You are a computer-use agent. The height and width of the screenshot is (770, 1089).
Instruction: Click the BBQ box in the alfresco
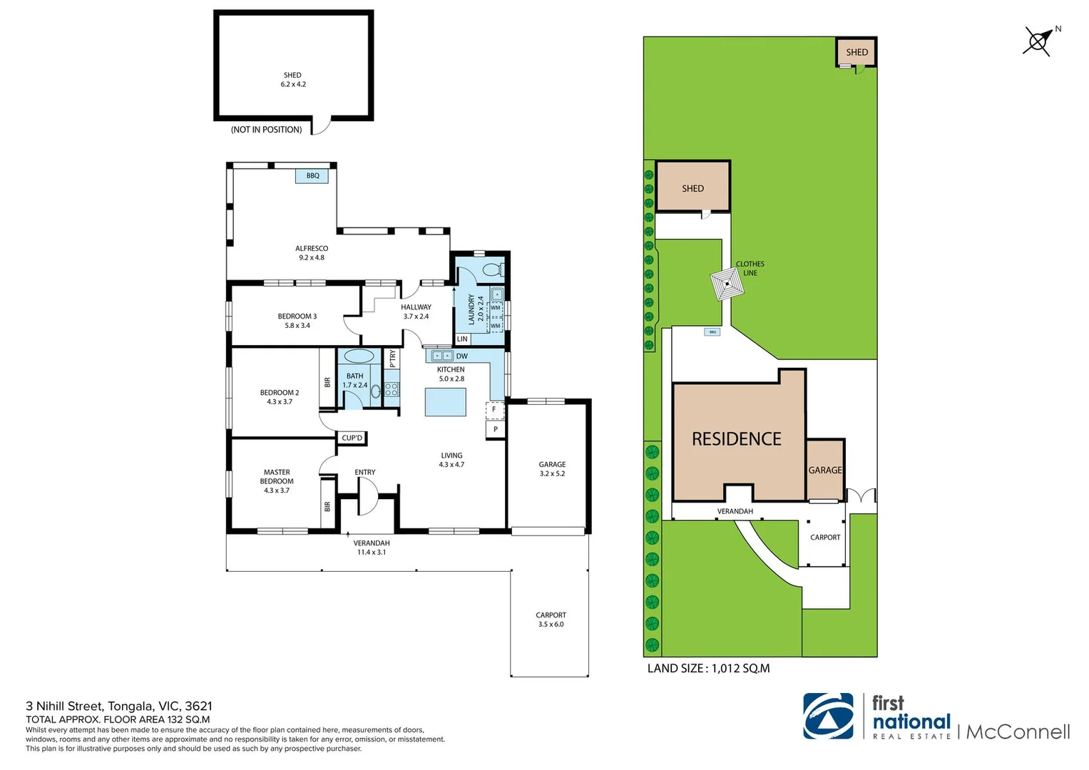point(312,176)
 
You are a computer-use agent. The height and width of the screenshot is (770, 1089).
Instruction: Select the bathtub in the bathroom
point(359,356)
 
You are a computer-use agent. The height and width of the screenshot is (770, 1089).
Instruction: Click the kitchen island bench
point(445,402)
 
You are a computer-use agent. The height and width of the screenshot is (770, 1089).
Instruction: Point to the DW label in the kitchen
point(462,356)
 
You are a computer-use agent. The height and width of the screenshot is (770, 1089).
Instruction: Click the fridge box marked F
point(494,409)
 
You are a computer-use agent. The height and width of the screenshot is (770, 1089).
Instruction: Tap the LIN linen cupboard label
point(462,339)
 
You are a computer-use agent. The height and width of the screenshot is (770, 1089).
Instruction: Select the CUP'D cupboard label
point(352,438)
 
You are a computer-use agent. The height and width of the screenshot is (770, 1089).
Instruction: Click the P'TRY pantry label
point(392,359)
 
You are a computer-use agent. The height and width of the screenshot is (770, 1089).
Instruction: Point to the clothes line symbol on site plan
point(727,284)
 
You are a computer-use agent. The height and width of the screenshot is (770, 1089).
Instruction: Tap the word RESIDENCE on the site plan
point(737,439)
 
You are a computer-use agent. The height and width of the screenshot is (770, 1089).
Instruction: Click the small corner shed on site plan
point(857,52)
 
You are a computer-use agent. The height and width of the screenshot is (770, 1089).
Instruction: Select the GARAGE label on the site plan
point(825,470)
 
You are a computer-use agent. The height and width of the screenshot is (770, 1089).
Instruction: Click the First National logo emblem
point(828,717)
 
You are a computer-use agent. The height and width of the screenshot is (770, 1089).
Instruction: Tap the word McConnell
point(1018,732)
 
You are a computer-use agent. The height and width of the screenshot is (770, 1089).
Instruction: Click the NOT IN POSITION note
point(267,130)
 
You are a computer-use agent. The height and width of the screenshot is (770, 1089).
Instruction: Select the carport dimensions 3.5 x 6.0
point(551,624)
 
